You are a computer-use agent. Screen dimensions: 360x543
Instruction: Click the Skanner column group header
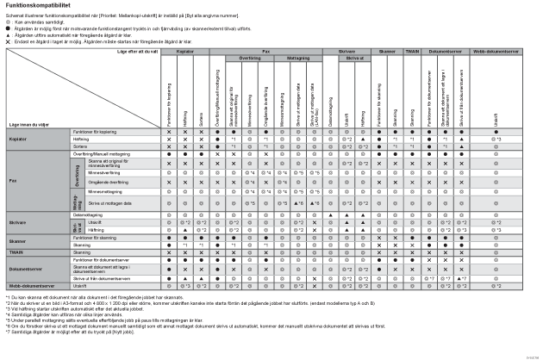click(387, 52)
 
